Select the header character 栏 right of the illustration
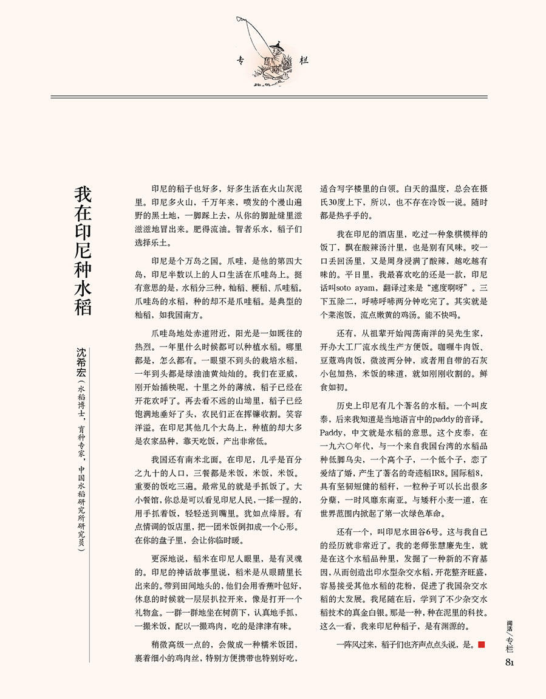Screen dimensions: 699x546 [304, 60]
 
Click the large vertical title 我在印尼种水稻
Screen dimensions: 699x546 [83, 250]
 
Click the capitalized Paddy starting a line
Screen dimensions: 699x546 [332, 432]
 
